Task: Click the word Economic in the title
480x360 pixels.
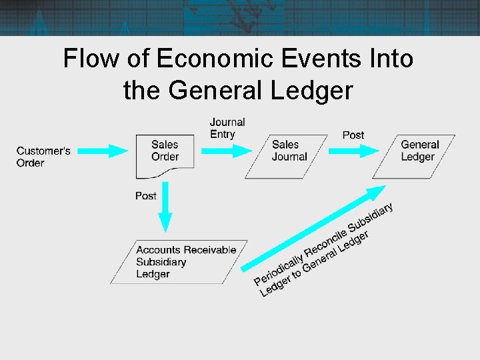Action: (x=215, y=59)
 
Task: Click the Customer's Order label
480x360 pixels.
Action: (x=43, y=157)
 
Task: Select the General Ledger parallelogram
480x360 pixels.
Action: (x=417, y=156)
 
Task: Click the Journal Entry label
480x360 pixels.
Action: (x=227, y=128)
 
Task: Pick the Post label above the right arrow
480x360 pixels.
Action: (x=353, y=135)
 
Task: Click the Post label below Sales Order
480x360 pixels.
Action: (x=145, y=196)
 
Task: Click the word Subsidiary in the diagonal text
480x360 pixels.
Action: (x=369, y=219)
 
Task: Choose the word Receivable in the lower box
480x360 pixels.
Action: (x=210, y=250)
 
